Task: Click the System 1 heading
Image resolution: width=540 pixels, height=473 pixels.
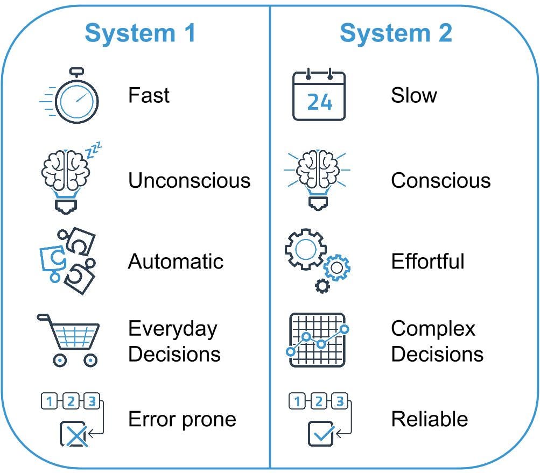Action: pyautogui.click(x=140, y=33)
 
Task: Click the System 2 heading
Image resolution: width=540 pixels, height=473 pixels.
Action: pyautogui.click(x=396, y=33)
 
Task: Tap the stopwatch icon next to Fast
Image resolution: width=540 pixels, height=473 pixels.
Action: pyautogui.click(x=75, y=97)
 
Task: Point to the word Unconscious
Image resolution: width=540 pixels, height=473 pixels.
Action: pyautogui.click(x=189, y=180)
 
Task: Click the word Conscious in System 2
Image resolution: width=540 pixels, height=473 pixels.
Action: pyautogui.click(x=440, y=180)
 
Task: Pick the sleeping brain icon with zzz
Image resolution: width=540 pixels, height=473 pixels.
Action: pyautogui.click(x=68, y=178)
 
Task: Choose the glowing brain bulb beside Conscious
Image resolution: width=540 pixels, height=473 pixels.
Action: pyautogui.click(x=317, y=178)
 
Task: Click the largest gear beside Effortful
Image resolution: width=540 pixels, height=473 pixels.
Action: pyautogui.click(x=305, y=249)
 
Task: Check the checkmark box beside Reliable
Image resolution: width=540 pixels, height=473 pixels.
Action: pyautogui.click(x=321, y=433)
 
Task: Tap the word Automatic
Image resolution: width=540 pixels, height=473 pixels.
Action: pyautogui.click(x=176, y=262)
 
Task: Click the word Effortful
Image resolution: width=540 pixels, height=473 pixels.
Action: pyautogui.click(x=427, y=262)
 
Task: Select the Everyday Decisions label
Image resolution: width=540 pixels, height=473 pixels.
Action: pyautogui.click(x=174, y=341)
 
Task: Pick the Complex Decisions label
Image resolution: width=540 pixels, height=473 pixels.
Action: pyautogui.click(x=437, y=341)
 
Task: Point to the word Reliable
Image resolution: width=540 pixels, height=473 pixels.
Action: pyautogui.click(x=429, y=419)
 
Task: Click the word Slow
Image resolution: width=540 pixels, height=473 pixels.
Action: pyautogui.click(x=413, y=95)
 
